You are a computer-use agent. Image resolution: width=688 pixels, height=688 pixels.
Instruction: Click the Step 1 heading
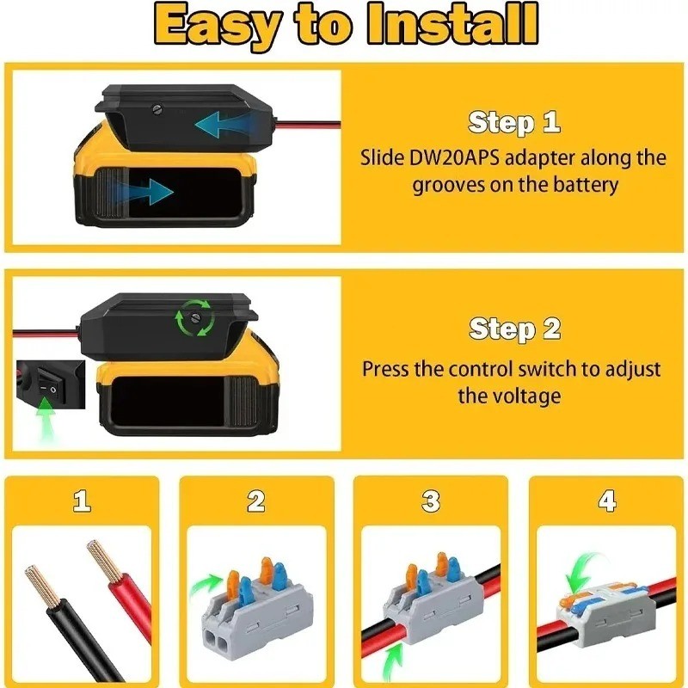click(x=514, y=122)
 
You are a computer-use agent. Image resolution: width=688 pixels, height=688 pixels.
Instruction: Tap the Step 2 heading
click(x=514, y=329)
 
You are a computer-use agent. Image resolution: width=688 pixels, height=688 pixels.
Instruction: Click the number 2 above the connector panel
click(x=256, y=501)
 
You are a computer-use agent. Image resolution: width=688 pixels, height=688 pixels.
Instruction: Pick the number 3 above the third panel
click(x=432, y=501)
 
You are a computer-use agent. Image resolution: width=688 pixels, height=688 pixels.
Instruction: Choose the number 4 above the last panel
click(x=607, y=501)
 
